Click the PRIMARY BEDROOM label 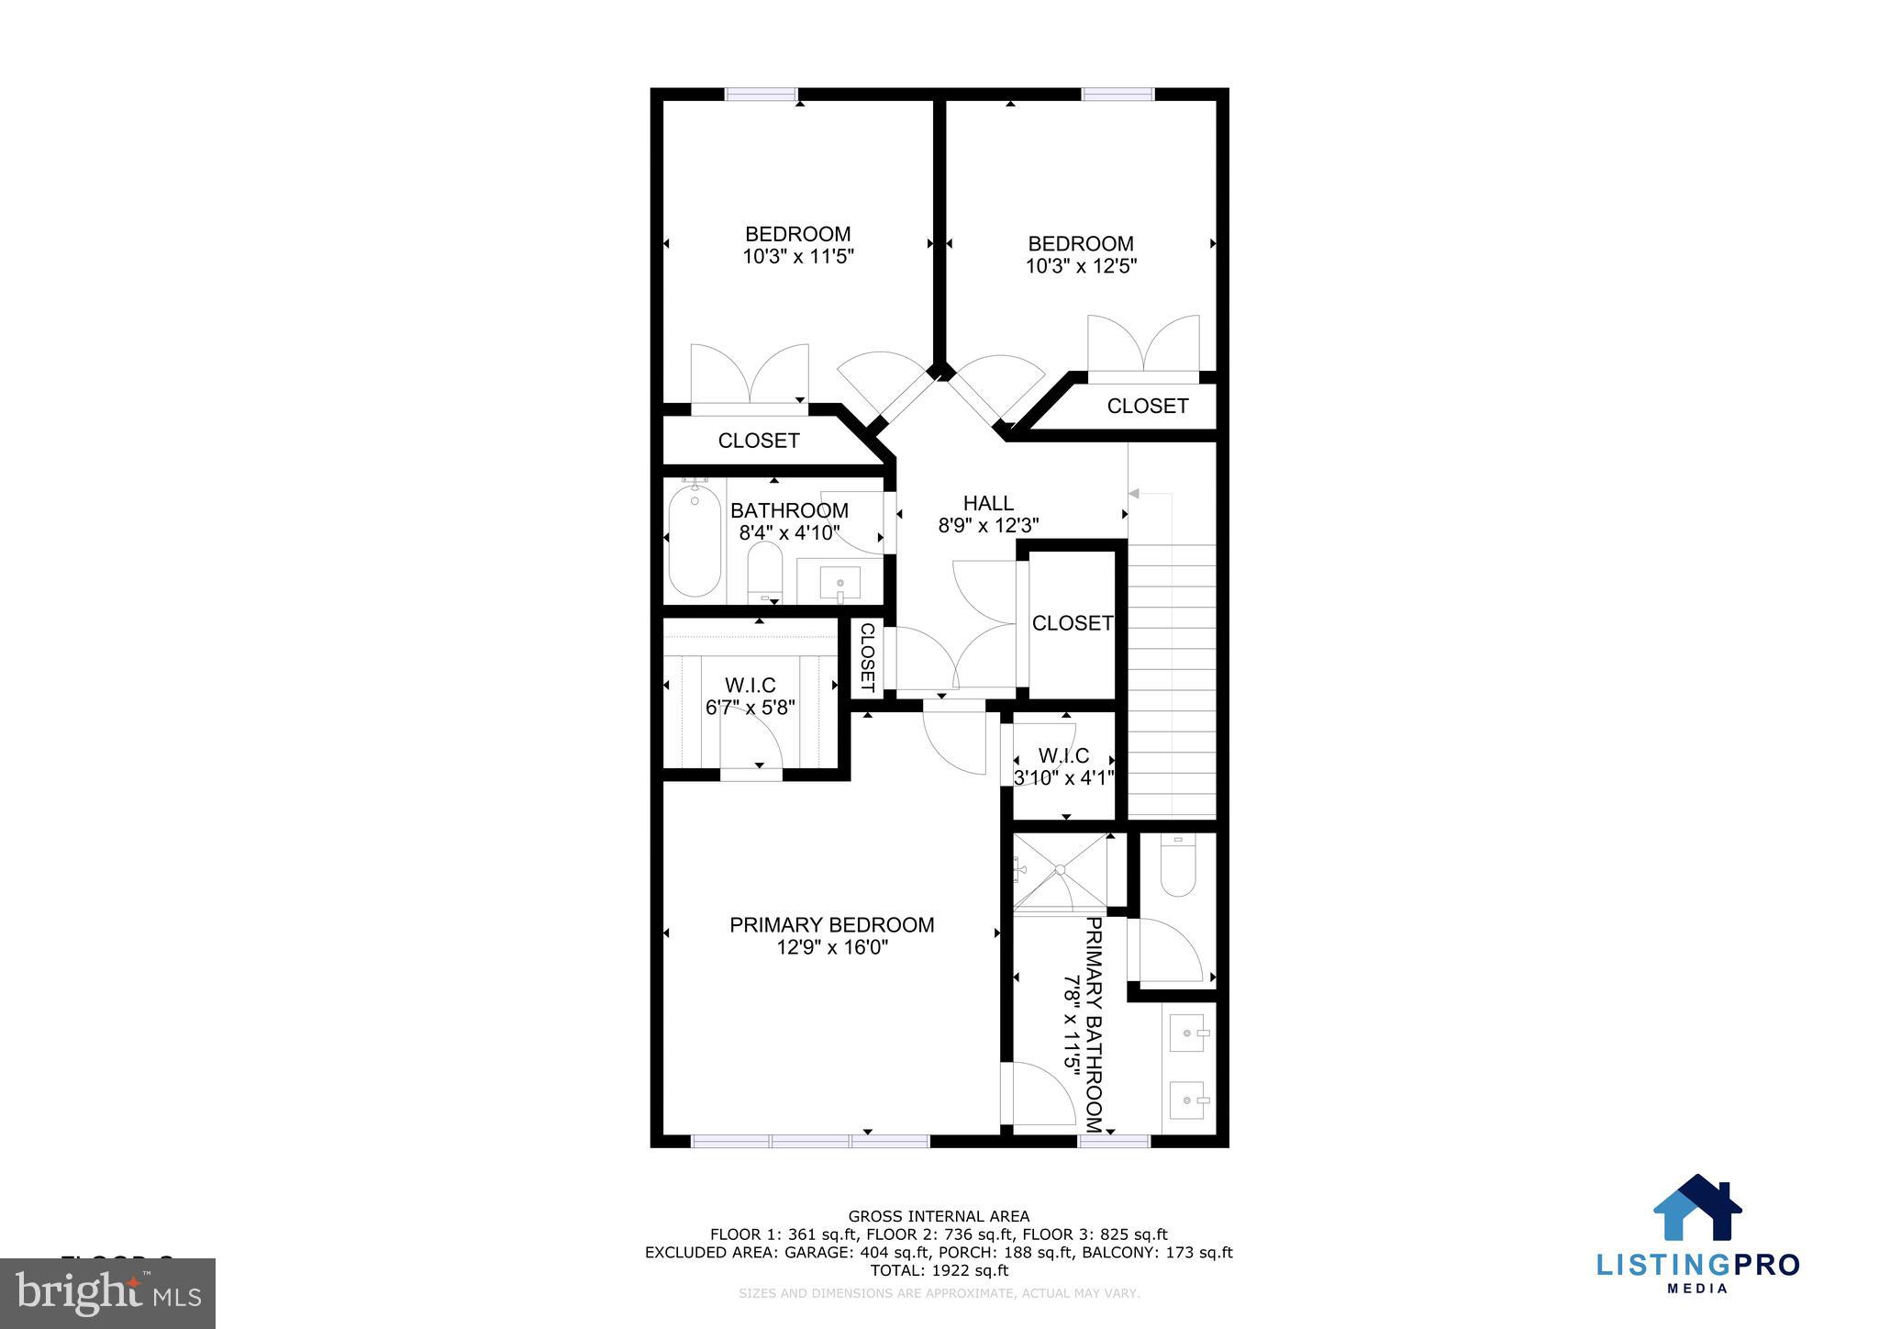tap(831, 925)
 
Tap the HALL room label tap(988, 503)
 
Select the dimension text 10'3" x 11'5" tap(798, 257)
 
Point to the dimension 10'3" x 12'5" tap(1081, 267)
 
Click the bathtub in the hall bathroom tap(695, 542)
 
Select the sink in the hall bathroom tap(839, 583)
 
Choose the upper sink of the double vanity tap(1189, 1034)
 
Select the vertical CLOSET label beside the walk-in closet tap(867, 658)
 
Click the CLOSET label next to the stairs tap(1072, 624)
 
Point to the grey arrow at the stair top tap(1134, 494)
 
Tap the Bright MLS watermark tap(108, 1293)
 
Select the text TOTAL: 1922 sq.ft tap(939, 1271)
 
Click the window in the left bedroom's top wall tap(762, 94)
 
